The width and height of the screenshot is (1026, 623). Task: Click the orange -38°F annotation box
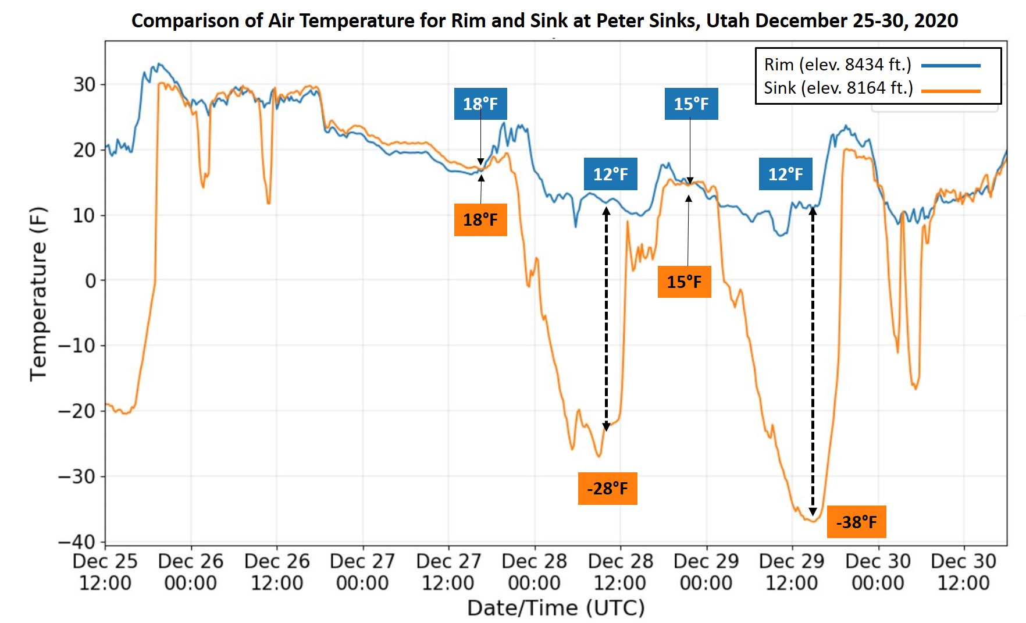(x=856, y=522)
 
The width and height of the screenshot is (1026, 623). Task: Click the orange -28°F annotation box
(x=607, y=488)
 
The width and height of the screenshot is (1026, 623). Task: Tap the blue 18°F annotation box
(x=480, y=104)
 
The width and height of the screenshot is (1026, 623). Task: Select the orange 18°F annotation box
(x=480, y=220)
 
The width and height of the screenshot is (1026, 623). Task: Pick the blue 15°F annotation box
(x=691, y=104)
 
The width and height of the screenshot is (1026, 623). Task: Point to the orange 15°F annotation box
(x=684, y=282)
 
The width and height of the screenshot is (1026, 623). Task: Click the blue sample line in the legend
(x=950, y=66)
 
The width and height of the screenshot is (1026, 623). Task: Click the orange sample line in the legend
(x=950, y=91)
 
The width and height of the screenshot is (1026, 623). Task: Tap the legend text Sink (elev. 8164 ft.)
(x=838, y=88)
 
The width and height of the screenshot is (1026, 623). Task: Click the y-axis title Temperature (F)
(x=38, y=294)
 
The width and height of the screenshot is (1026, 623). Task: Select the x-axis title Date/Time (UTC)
(x=555, y=608)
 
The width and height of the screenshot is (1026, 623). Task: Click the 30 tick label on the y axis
(x=84, y=85)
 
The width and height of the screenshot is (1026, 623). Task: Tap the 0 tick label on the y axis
(x=91, y=281)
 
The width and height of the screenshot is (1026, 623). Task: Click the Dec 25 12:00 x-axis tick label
(x=105, y=572)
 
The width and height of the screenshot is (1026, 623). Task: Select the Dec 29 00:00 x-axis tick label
(x=706, y=572)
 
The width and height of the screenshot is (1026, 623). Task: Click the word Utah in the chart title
(x=728, y=21)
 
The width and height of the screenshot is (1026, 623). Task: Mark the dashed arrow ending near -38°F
(x=813, y=361)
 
